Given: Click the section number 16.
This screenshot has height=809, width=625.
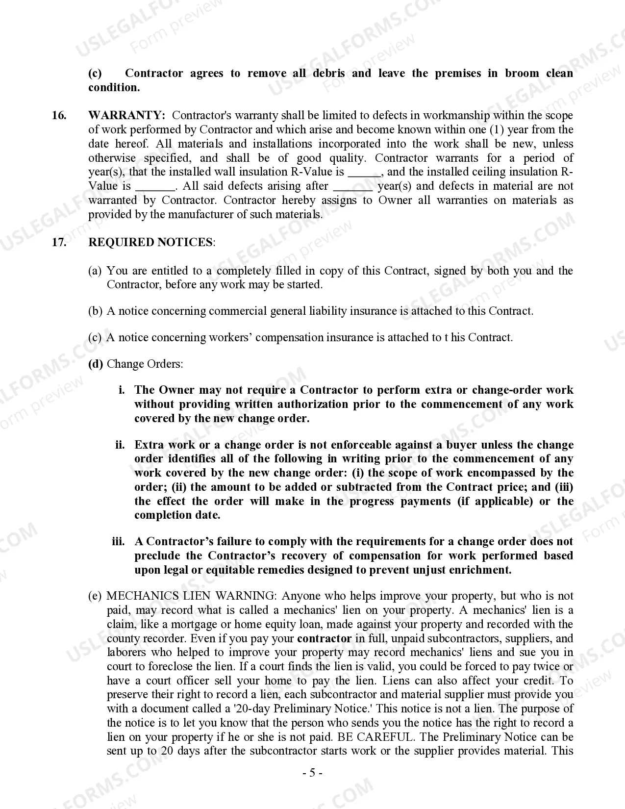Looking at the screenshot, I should (x=59, y=116).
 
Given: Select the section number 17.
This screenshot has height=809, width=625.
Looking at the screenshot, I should (x=59, y=243).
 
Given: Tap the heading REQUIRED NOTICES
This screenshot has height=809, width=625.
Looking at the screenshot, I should (x=151, y=243).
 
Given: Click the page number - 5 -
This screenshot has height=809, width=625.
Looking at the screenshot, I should (x=312, y=774).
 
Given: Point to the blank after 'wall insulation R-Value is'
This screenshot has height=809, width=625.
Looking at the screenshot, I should (x=364, y=173).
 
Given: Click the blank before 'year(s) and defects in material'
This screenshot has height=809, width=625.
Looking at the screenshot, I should (x=352, y=187).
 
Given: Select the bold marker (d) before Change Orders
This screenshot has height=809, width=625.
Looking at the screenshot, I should (x=96, y=364).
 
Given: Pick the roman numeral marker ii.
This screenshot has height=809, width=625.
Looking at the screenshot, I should (x=120, y=445).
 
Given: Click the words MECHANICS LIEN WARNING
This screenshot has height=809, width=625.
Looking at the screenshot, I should (x=191, y=596).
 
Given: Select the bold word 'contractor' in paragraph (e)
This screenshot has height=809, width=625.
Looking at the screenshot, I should (x=325, y=639).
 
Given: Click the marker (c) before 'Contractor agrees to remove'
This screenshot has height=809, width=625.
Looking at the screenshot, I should (x=95, y=74).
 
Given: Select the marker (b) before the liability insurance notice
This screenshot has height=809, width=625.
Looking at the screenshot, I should (x=95, y=311).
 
